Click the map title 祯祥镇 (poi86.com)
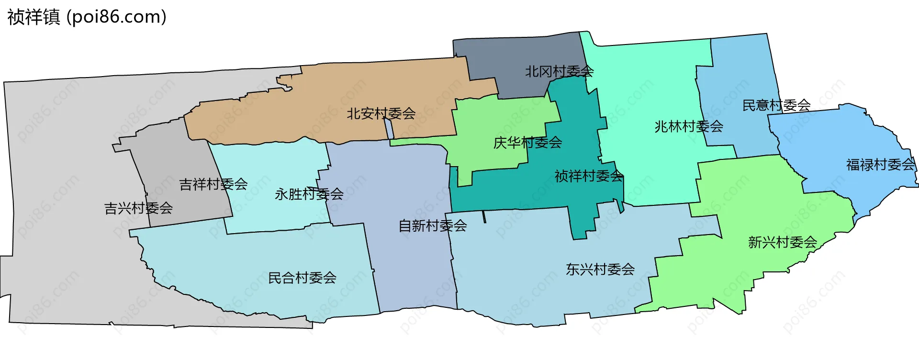tap(87, 17)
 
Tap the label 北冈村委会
tap(559, 72)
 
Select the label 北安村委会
tap(381, 114)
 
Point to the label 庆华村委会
tap(527, 143)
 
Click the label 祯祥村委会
tap(589, 177)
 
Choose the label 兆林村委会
tap(688, 127)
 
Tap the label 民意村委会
tap(776, 105)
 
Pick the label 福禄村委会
tap(880, 165)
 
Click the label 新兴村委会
tap(782, 243)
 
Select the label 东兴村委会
tap(600, 270)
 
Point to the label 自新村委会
tap(433, 226)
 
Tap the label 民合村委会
tap(302, 278)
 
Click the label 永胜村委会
tap(309, 194)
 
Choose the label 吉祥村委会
tap(213, 184)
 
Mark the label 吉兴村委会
tap(138, 208)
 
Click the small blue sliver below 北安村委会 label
tap(389, 128)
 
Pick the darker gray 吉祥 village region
tap(168, 158)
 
